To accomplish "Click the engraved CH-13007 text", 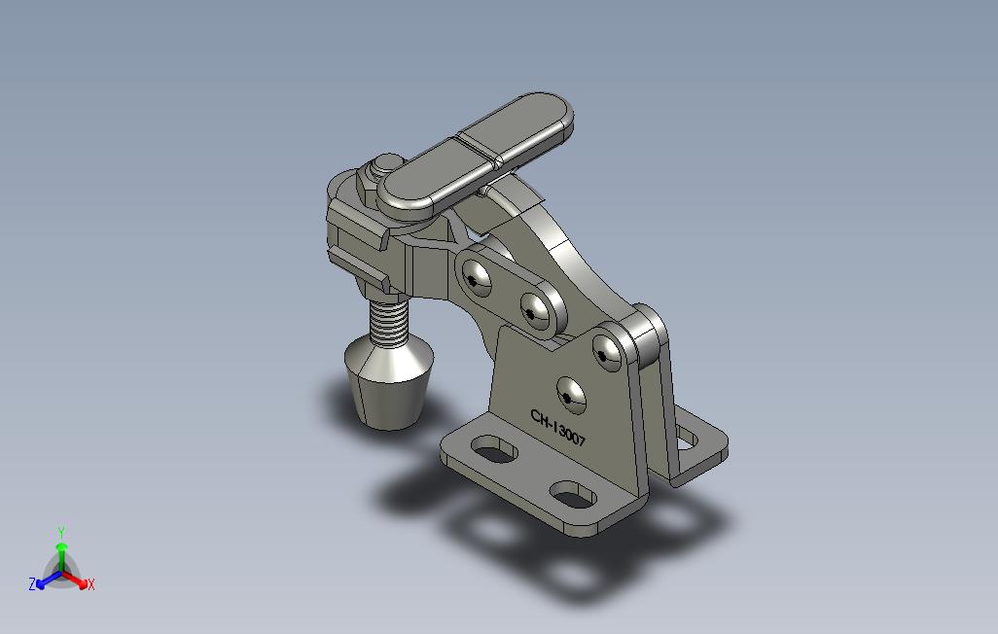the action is pyautogui.click(x=557, y=429).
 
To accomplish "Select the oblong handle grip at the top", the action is pyautogui.click(x=476, y=152).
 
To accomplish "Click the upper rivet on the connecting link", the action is pyautogui.click(x=476, y=277).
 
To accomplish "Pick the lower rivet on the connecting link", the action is pyautogui.click(x=536, y=310).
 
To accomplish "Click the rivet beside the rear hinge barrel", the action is pyautogui.click(x=608, y=352).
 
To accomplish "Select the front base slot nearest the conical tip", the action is pyautogui.click(x=494, y=449).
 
